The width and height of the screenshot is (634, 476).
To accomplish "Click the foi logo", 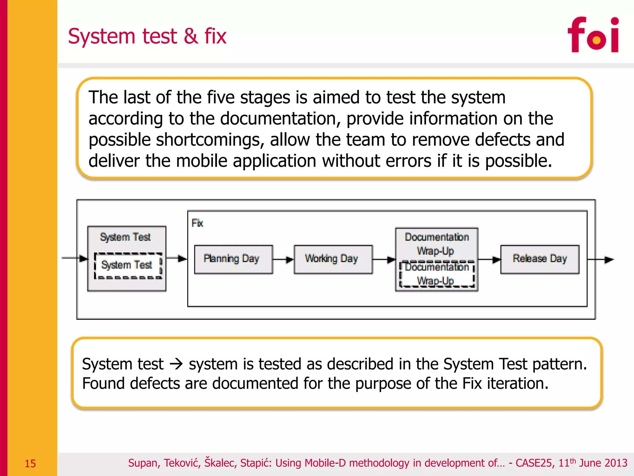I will point(593,35).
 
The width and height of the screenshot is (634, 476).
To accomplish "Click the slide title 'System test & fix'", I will point(147,36).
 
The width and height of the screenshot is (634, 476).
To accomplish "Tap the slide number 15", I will point(30,464).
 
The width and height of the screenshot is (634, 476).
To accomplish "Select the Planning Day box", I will point(233,259).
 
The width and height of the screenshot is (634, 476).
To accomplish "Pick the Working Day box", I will point(333,259).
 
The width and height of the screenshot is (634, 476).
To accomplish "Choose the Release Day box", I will point(540,259).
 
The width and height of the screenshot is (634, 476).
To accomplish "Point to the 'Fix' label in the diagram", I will point(197,223).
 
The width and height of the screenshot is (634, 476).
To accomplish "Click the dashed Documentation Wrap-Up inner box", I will point(436,274).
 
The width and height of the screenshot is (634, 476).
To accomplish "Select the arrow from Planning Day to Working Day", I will point(283,260).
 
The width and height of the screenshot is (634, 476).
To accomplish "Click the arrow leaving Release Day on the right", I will point(601,260).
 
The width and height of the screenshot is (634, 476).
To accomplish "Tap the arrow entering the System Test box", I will point(75,258).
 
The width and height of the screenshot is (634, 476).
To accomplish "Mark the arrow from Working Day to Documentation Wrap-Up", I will point(384,260).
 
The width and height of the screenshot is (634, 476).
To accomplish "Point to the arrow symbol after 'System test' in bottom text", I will point(176,364).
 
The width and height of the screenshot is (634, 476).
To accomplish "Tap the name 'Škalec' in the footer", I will point(219,463).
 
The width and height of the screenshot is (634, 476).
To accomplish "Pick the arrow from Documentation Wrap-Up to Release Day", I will point(489,260).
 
